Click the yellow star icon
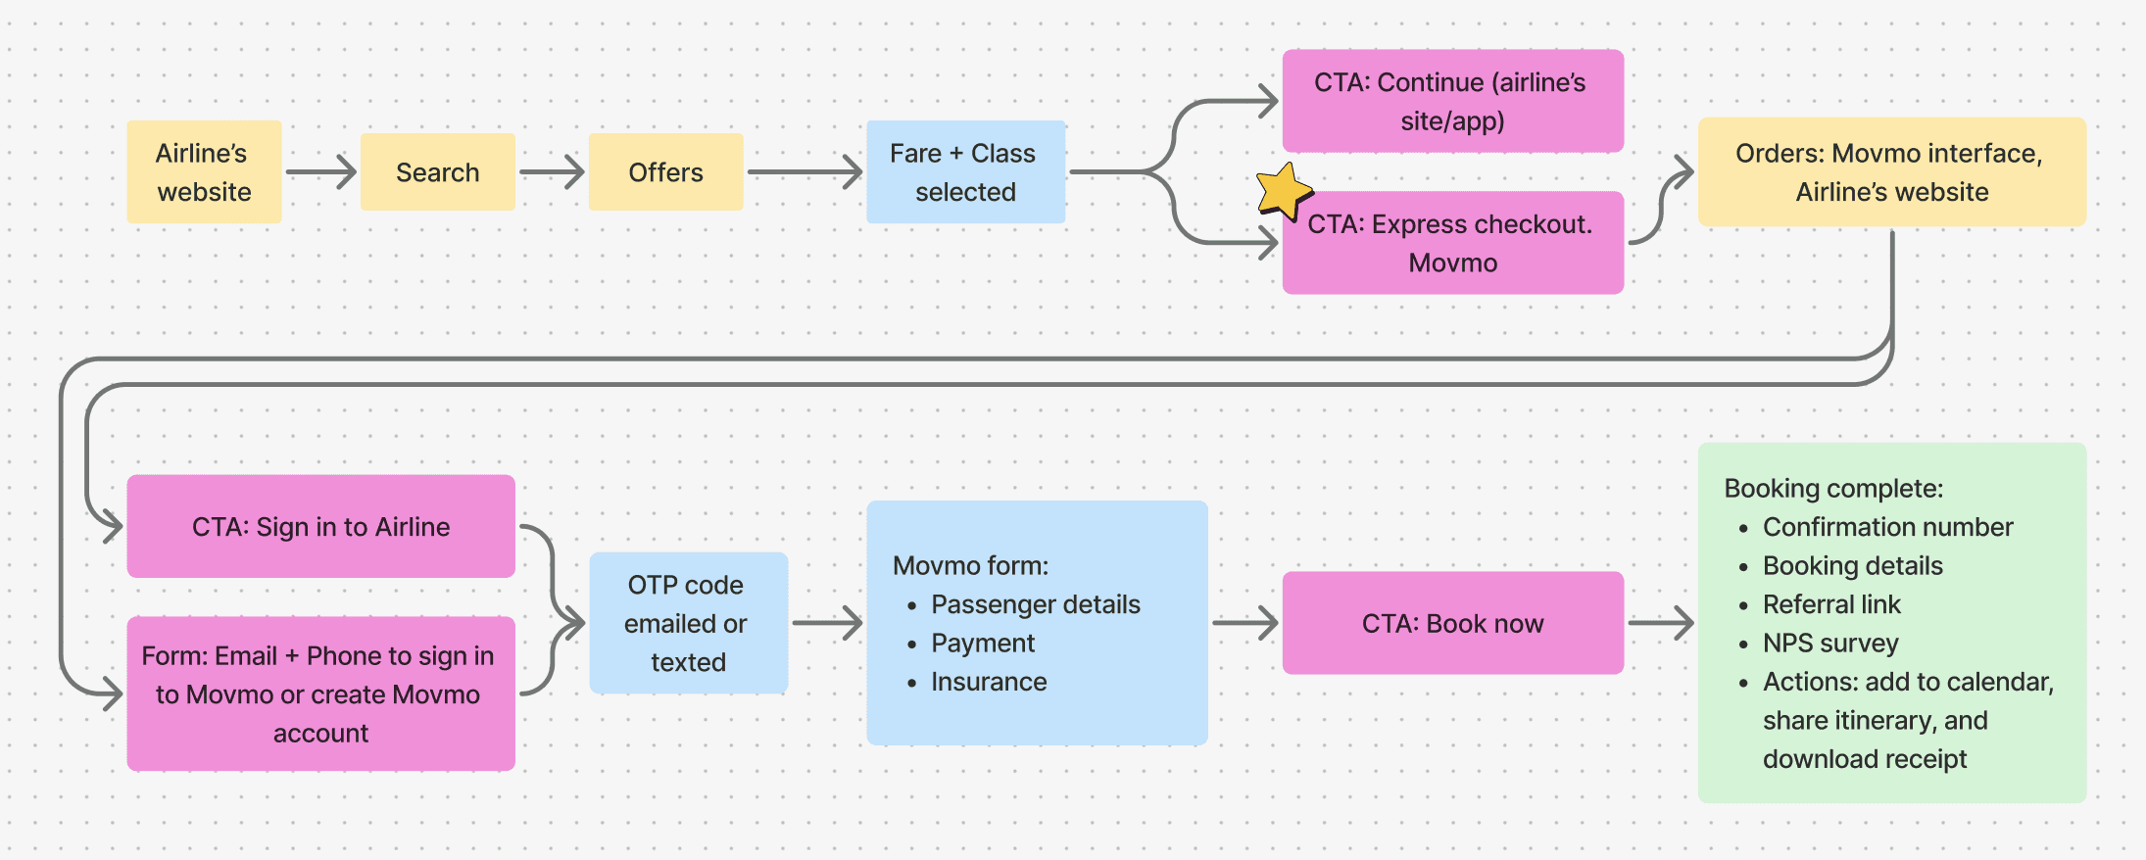(1283, 191)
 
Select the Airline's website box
(204, 172)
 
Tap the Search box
(437, 172)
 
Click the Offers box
(665, 172)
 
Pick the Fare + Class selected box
(965, 172)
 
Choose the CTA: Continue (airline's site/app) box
(1452, 102)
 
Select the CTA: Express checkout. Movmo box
(1452, 244)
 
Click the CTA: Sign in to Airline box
(320, 527)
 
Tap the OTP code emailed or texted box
(688, 623)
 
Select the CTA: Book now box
(1452, 623)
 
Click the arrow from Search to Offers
(552, 172)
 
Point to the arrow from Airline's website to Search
(320, 172)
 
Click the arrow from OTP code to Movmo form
(827, 623)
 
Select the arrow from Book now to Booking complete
(1661, 623)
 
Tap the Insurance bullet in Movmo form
(988, 682)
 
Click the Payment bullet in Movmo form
(982, 644)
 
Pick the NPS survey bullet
(1829, 644)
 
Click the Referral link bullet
(1830, 604)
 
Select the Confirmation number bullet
(1886, 527)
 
